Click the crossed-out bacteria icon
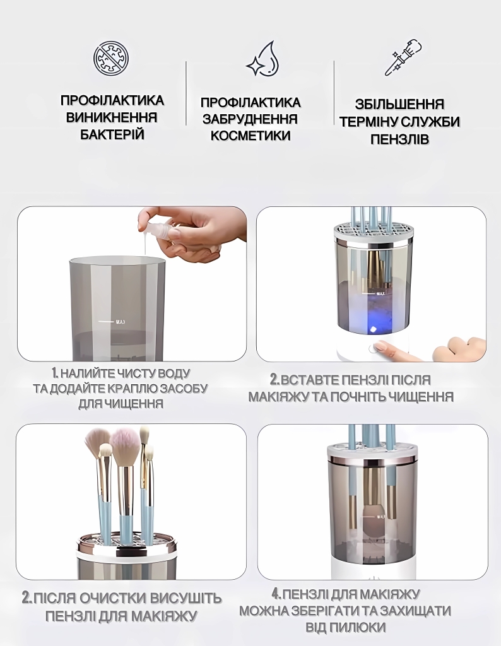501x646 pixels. (x=112, y=59)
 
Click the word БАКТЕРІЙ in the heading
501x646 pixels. (x=112, y=134)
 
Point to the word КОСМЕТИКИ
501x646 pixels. (x=250, y=136)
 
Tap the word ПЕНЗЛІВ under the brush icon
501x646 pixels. (x=399, y=139)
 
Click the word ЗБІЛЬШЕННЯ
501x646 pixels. (x=399, y=104)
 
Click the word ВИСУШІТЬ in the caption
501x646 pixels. (x=185, y=598)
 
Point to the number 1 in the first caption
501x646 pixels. (x=54, y=373)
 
